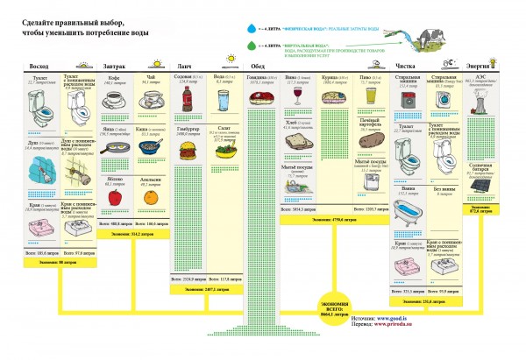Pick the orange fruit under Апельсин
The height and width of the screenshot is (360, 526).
pos(151,198)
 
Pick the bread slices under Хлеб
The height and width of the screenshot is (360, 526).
pos(299,141)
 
